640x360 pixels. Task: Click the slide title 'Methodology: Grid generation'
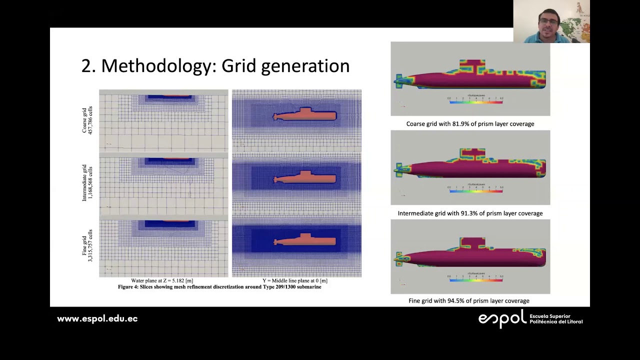(215, 66)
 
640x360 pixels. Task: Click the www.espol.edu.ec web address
(97, 318)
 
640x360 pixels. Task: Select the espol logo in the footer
(502, 318)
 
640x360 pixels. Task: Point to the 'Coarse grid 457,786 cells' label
(87, 120)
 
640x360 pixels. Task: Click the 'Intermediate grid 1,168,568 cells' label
(87, 183)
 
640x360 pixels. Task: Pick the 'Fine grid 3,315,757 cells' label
(87, 245)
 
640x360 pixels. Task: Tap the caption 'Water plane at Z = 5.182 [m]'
(162, 281)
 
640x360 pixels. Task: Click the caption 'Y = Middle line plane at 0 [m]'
(295, 281)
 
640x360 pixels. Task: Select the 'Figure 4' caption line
(219, 287)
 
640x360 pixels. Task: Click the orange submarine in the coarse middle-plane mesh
(305, 115)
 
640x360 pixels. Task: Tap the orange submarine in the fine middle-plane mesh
(305, 241)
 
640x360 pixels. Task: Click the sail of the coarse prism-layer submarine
(472, 67)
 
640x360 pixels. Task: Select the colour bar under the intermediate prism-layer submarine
(475, 191)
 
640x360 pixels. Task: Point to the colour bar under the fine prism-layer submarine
(475, 280)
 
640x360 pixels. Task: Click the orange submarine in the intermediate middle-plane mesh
(305, 178)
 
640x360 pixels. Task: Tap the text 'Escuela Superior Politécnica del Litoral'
(555, 319)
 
